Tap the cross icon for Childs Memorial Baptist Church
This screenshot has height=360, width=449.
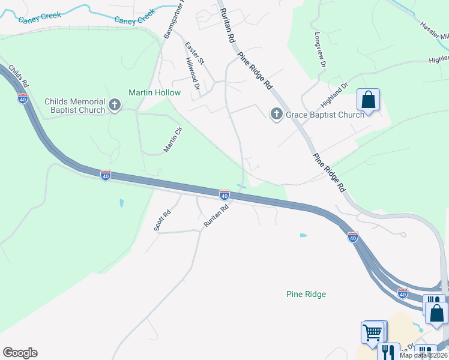tap(114, 106)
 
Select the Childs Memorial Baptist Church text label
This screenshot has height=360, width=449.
tap(74, 106)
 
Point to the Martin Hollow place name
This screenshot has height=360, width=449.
tap(154, 92)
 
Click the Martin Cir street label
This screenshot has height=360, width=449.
tap(173, 140)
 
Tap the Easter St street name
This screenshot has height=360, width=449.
tap(194, 53)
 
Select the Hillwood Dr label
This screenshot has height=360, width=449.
tap(192, 73)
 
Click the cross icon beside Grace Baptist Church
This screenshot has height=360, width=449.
tap(276, 114)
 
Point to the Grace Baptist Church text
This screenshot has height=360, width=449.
tap(325, 115)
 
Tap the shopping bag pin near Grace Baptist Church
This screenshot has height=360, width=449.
tap(368, 100)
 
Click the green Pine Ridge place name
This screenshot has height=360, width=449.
tap(306, 294)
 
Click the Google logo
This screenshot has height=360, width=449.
tap(20, 353)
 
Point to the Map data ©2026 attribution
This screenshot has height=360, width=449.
tap(424, 355)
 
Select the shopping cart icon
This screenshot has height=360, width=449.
tap(372, 332)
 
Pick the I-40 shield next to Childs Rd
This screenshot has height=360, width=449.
tap(23, 98)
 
